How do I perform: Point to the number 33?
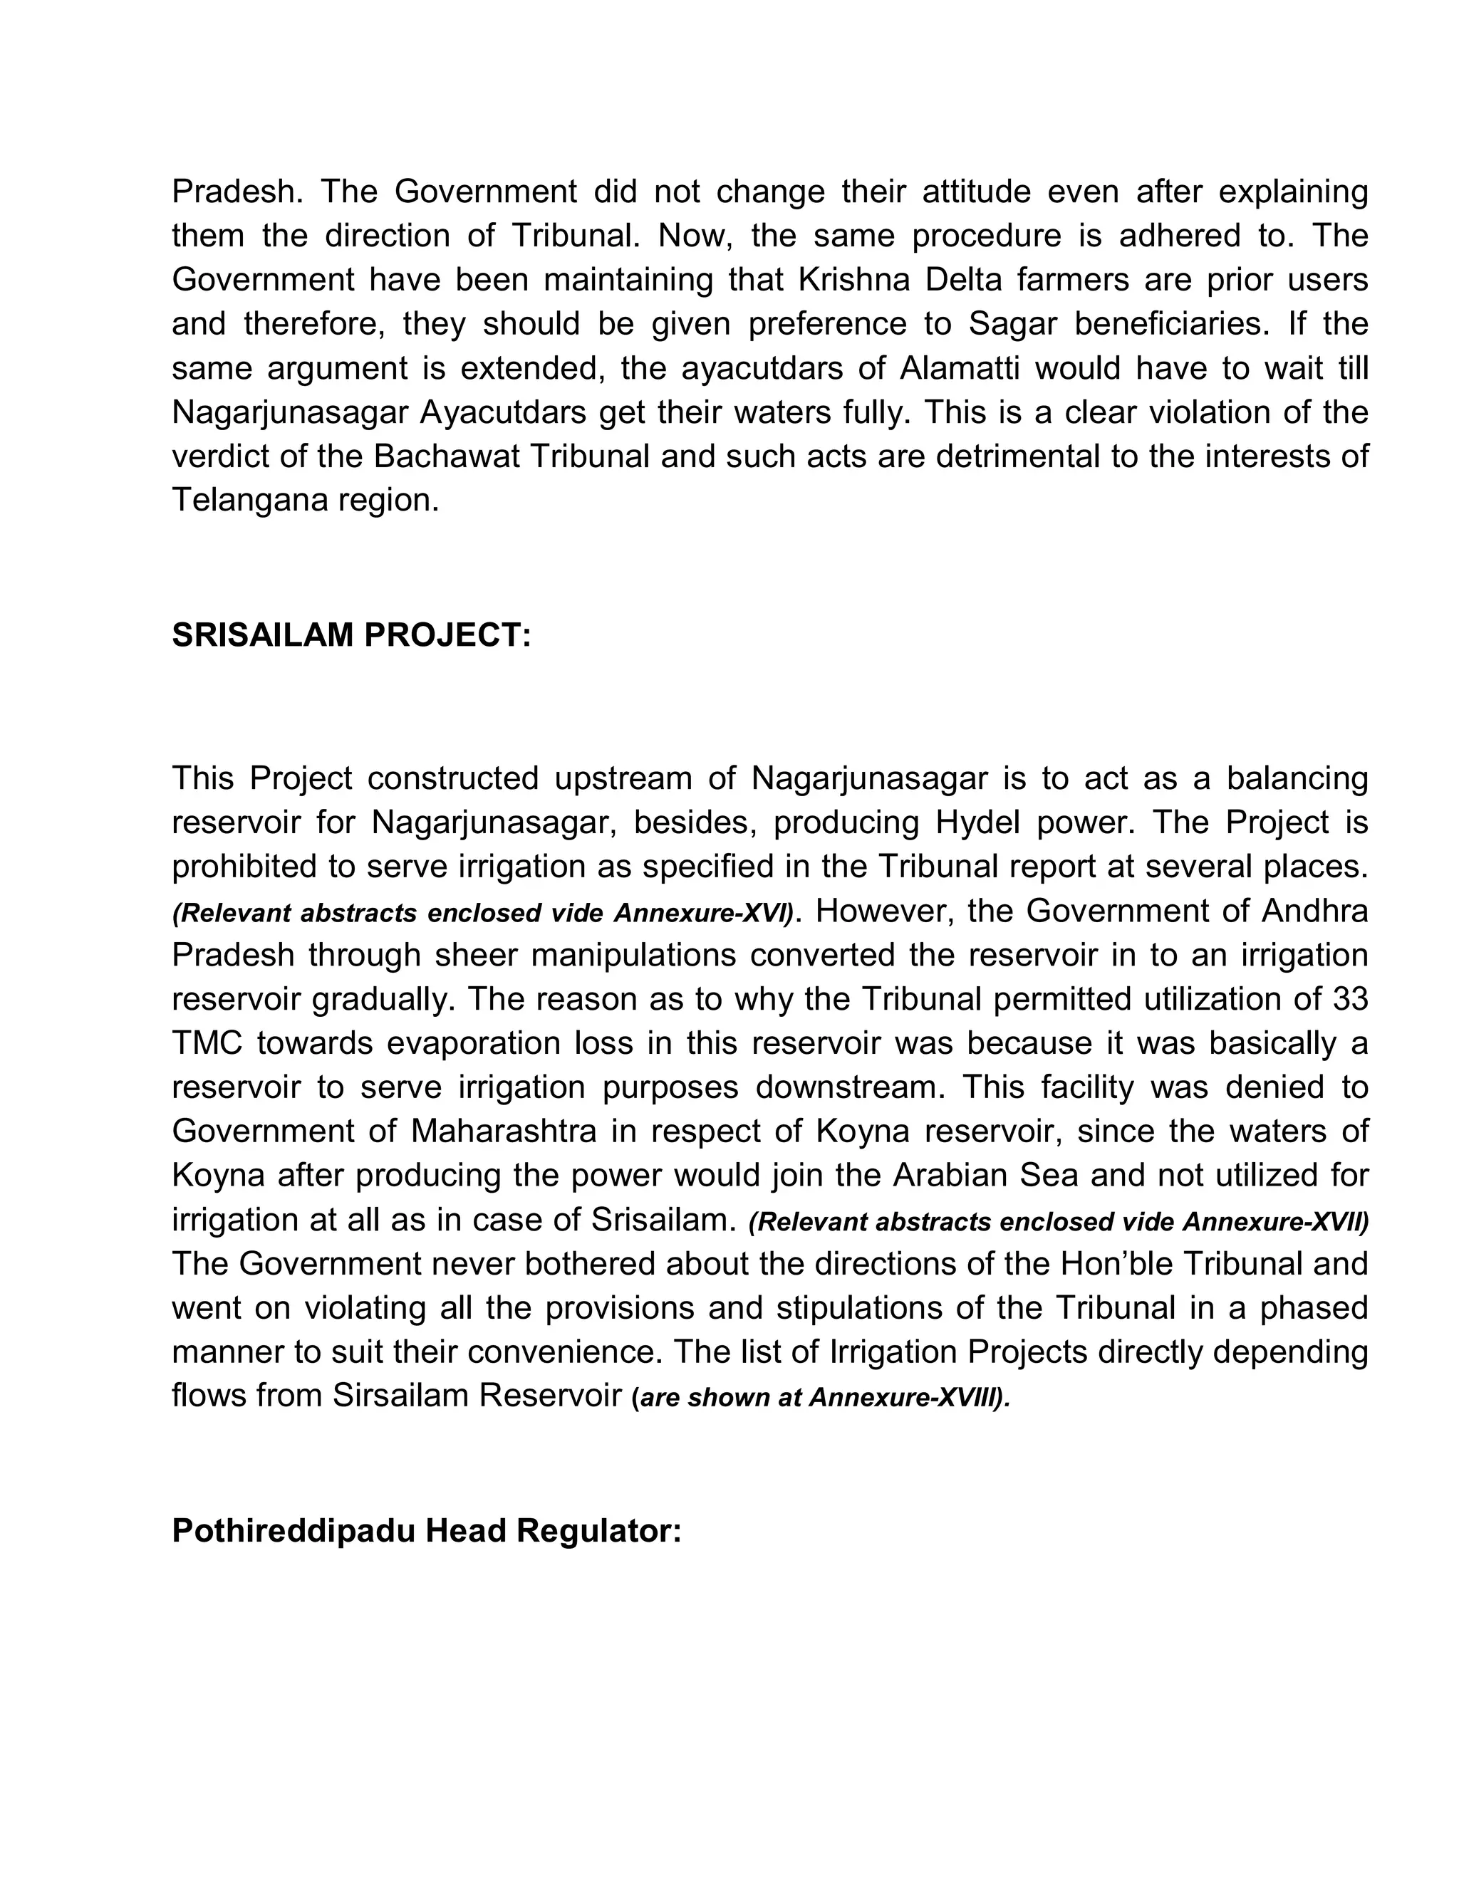point(1350,999)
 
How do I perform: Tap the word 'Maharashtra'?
point(503,1131)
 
